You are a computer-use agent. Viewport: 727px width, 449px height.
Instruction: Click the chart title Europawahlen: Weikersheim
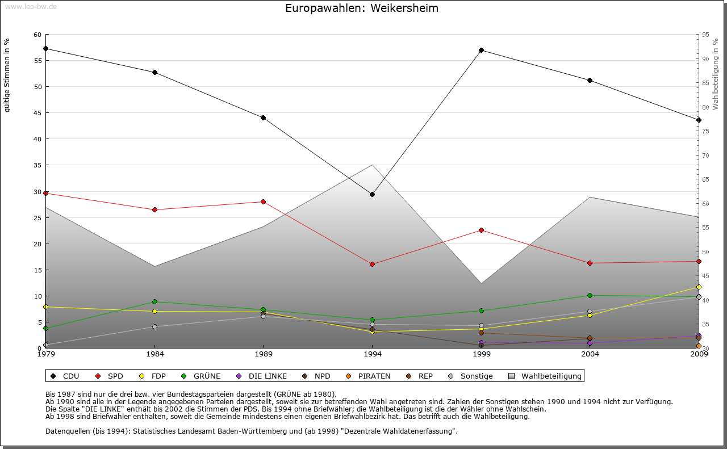(x=362, y=9)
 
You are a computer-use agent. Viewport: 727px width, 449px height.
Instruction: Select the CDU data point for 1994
(x=372, y=194)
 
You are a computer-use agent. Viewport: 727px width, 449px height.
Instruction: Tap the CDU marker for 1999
(x=481, y=50)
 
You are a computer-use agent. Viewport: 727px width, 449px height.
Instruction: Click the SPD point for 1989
(x=263, y=202)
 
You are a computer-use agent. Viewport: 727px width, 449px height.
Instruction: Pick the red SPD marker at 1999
(x=481, y=230)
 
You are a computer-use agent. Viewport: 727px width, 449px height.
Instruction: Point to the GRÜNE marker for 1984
(x=154, y=301)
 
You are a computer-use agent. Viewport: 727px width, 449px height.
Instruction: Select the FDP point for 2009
(x=699, y=287)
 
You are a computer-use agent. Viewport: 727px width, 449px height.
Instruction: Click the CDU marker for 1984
(x=154, y=72)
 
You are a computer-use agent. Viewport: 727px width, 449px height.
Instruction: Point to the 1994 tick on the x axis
(x=372, y=354)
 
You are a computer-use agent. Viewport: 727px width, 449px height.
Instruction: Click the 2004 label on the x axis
(x=590, y=354)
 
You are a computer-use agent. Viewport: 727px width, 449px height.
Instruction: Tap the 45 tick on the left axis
(x=37, y=113)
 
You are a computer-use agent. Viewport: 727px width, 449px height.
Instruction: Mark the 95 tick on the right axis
(x=705, y=35)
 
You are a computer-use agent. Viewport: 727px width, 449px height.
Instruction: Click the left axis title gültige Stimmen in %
(x=7, y=75)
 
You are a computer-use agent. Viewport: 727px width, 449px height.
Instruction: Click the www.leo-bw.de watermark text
(x=31, y=6)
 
